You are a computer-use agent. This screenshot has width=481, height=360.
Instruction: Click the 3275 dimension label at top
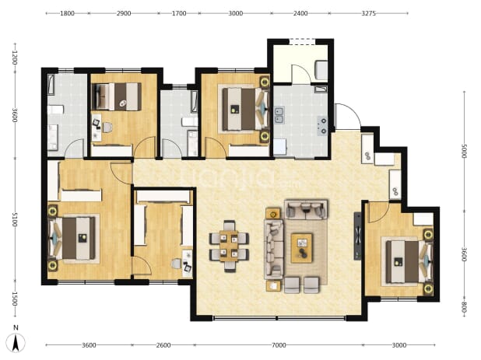point(368,13)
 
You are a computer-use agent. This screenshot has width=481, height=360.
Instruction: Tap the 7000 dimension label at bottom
point(279,345)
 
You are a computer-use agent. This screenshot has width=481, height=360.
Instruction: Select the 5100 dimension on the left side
point(15,220)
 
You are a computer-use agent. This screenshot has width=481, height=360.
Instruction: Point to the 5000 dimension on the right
point(464,151)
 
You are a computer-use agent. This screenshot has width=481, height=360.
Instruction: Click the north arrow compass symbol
point(16,341)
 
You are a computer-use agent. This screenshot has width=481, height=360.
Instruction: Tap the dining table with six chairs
point(229,246)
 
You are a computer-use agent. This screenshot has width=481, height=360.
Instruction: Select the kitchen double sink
point(279,115)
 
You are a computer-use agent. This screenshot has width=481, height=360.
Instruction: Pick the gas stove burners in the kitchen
point(322,126)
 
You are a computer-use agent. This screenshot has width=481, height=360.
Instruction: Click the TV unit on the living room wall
point(357,236)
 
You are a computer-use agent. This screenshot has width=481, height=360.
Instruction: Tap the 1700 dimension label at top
point(179,13)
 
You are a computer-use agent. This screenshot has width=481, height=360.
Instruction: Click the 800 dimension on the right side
point(464,307)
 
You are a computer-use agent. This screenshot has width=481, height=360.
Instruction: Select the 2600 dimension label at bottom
point(163,345)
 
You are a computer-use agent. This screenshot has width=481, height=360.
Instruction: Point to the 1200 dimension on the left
point(15,58)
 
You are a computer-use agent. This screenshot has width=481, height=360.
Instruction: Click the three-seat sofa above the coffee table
point(306,209)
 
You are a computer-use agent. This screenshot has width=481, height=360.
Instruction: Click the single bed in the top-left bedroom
point(118,96)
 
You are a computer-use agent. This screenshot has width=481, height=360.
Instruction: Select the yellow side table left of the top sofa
point(273,214)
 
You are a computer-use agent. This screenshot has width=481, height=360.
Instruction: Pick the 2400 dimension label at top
point(300,13)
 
